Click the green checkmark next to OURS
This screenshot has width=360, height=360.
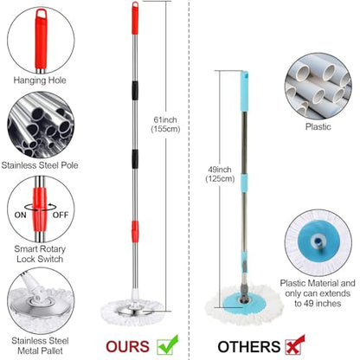167,345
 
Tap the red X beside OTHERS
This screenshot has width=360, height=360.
295,345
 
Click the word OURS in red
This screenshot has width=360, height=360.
127,346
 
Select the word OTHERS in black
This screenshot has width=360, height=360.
249,347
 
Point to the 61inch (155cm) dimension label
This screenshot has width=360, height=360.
165,125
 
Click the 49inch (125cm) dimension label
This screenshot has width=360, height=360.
220,174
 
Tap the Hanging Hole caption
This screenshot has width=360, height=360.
40,80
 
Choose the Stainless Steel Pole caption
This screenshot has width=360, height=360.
40,165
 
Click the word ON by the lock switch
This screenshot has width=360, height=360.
20,215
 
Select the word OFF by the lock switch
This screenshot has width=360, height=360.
61,215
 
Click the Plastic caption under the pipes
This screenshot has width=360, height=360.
318,126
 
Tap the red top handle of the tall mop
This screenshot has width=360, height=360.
135,18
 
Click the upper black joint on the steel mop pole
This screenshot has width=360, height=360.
135,90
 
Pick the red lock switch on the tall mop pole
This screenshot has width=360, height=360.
135,231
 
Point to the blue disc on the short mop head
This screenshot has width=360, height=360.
244,303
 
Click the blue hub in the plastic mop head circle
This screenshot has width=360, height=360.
318,241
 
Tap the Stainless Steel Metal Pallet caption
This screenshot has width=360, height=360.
40,345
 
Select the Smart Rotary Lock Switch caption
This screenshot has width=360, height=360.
40,254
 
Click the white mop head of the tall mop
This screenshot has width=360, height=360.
132,312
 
